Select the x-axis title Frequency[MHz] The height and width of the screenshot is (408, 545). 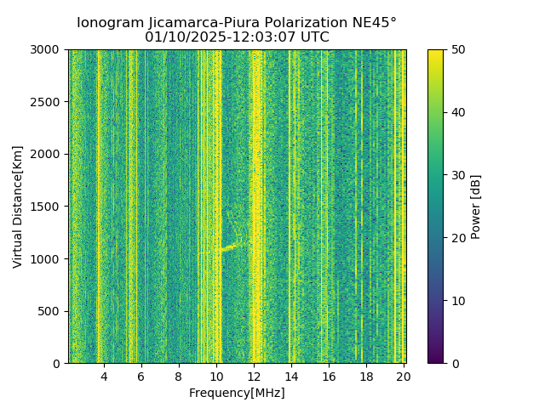pos(237,393)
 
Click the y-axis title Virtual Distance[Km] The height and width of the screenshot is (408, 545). pos(17,207)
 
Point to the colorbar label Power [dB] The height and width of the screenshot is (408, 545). pos(476,207)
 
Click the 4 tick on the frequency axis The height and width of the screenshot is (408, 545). pos(104,376)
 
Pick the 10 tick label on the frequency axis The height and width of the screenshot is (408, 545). pos(216,376)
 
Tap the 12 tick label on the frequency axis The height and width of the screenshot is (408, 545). pos(254,376)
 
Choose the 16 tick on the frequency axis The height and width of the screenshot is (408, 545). pos(329,376)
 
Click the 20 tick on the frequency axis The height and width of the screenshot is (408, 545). pos(404,376)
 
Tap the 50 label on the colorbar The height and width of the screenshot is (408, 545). pos(456,49)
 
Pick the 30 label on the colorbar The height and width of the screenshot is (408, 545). pos(456,175)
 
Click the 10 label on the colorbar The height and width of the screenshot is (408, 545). pos(456,301)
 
